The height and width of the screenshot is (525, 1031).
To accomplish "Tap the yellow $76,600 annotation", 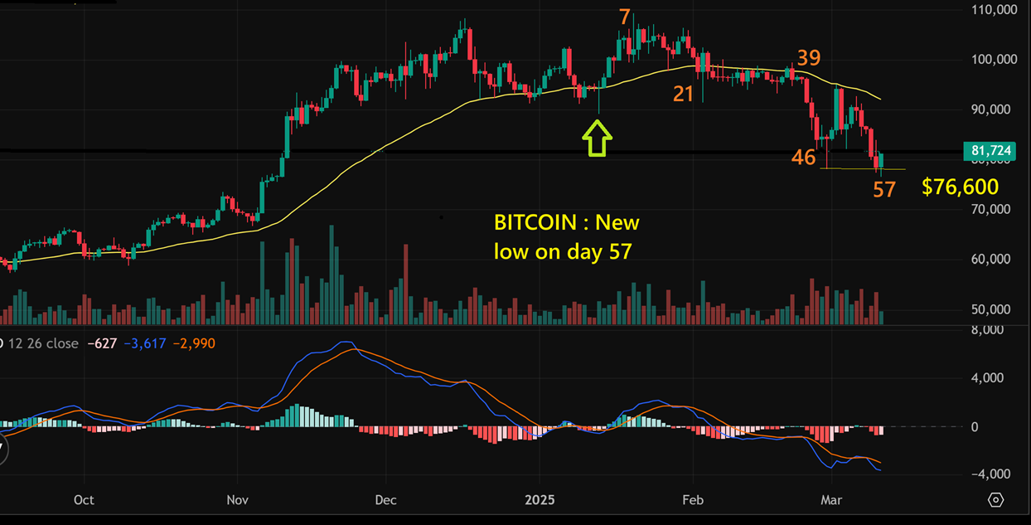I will (960, 187).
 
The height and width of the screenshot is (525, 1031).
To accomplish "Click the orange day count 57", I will (884, 190).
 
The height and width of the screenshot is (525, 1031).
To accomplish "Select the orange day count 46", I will (803, 157).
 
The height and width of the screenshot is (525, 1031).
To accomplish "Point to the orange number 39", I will (809, 58).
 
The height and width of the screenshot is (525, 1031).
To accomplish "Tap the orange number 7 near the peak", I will (625, 17).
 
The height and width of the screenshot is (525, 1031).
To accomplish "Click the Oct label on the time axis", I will (84, 500).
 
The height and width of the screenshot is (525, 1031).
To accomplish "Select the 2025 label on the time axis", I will (540, 500).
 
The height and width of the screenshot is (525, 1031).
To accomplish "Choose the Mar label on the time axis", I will (830, 500).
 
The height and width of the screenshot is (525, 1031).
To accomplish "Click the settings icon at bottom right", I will (996, 500).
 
